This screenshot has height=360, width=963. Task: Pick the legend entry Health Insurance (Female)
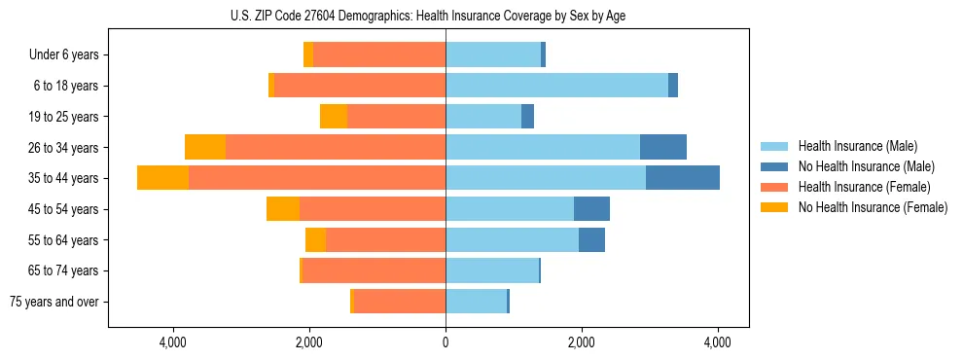pos(860,187)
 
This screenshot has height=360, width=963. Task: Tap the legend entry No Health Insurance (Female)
pos(872,207)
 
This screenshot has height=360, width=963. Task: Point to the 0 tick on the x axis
pos(446,342)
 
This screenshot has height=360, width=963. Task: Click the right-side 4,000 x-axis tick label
pos(718,342)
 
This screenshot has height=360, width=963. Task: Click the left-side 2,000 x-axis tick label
pos(309,342)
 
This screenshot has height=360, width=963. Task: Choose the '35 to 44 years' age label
pos(64,178)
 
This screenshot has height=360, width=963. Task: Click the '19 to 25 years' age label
pos(64,117)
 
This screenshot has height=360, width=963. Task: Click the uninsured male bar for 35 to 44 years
pos(682,178)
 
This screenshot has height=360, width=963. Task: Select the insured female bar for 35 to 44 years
pos(317,178)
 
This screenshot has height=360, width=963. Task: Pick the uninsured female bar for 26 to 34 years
pos(205,147)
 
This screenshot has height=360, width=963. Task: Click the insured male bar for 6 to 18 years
pos(556,86)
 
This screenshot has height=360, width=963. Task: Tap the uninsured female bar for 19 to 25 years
pos(334,117)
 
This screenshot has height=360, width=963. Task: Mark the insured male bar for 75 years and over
pos(476,302)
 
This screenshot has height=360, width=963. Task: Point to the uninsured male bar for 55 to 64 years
pos(591,239)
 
